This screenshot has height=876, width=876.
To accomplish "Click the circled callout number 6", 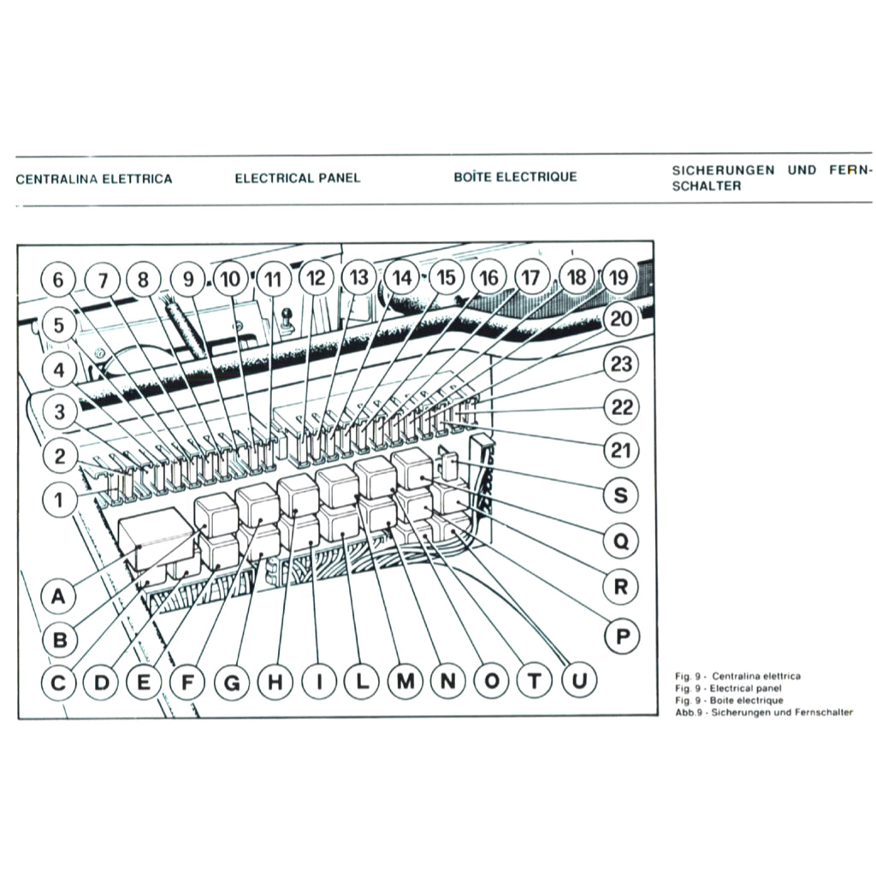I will (x=58, y=280).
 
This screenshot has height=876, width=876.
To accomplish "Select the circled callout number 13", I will (x=359, y=277).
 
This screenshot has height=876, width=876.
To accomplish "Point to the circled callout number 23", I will (x=622, y=364).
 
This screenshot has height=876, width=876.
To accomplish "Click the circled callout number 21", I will (x=622, y=448).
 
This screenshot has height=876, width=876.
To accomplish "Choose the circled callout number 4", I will (x=59, y=370).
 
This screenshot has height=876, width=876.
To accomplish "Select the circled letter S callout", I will (x=622, y=494).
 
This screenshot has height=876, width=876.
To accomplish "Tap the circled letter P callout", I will (x=622, y=636).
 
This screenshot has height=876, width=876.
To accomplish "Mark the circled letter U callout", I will (x=579, y=681).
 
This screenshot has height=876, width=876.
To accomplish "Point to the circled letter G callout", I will (x=231, y=682).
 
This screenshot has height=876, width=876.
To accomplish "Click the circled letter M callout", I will (x=405, y=682).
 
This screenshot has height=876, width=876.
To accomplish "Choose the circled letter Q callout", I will (x=622, y=541).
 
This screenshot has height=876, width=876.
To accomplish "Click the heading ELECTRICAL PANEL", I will (x=297, y=179).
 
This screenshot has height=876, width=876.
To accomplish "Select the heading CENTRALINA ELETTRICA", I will (x=94, y=179).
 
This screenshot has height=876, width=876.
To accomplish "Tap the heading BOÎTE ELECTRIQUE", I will (x=515, y=177).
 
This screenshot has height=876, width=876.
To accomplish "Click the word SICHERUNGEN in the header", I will (x=724, y=170).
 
